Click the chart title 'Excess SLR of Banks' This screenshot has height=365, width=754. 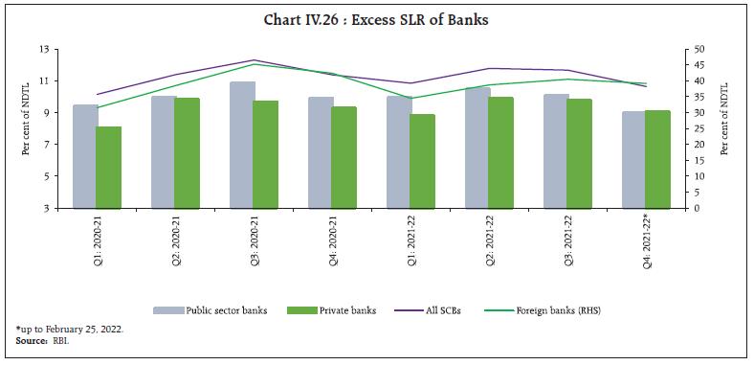376,20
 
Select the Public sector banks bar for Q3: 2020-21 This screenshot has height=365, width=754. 242,145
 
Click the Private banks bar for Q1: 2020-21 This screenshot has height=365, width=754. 109,167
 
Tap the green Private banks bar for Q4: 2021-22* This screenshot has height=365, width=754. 657,159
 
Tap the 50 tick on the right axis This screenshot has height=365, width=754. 699,49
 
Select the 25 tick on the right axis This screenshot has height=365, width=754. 699,128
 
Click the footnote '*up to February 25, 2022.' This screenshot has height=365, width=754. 69,329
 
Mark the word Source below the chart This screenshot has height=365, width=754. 30,340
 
